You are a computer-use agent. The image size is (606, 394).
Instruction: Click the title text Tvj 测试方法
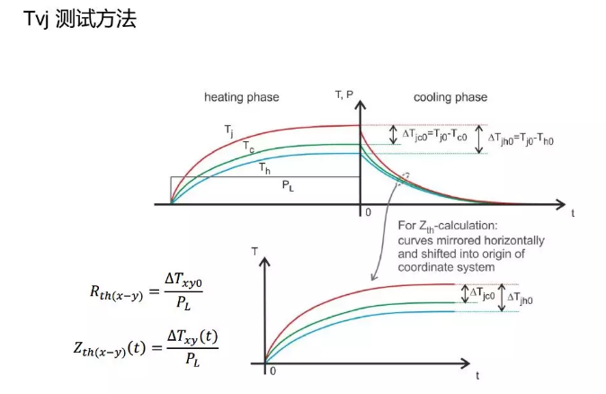80,19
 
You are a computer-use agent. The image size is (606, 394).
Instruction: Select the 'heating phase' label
241,96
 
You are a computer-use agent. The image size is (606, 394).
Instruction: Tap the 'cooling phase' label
450,96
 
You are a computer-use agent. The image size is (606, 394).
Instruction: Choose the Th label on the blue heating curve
264,166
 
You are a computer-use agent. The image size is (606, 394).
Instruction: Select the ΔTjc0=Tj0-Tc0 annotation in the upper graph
439,136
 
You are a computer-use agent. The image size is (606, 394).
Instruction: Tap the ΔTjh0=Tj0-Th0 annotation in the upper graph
531,139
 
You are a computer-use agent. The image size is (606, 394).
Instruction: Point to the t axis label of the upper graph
572,212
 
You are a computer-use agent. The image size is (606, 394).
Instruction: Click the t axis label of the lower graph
477,372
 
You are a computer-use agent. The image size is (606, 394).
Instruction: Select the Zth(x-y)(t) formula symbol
123,347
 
